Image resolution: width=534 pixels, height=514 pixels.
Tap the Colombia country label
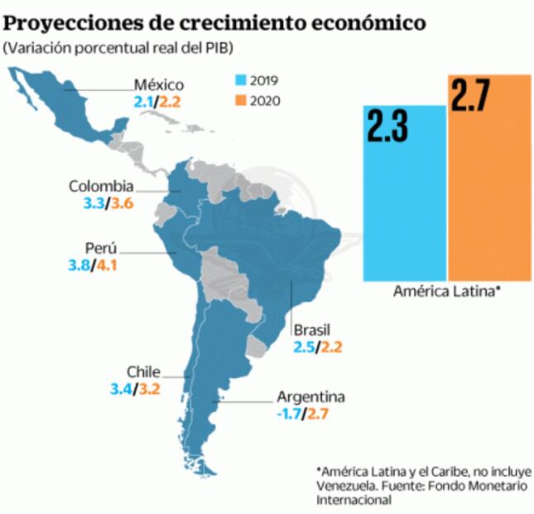[101, 187]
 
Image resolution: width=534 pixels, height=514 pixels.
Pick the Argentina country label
[310, 396]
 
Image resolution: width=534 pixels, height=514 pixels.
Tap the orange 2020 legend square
[242, 101]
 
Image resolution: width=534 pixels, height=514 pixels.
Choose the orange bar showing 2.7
[488, 177]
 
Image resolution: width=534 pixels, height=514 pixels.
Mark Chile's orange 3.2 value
[150, 388]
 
